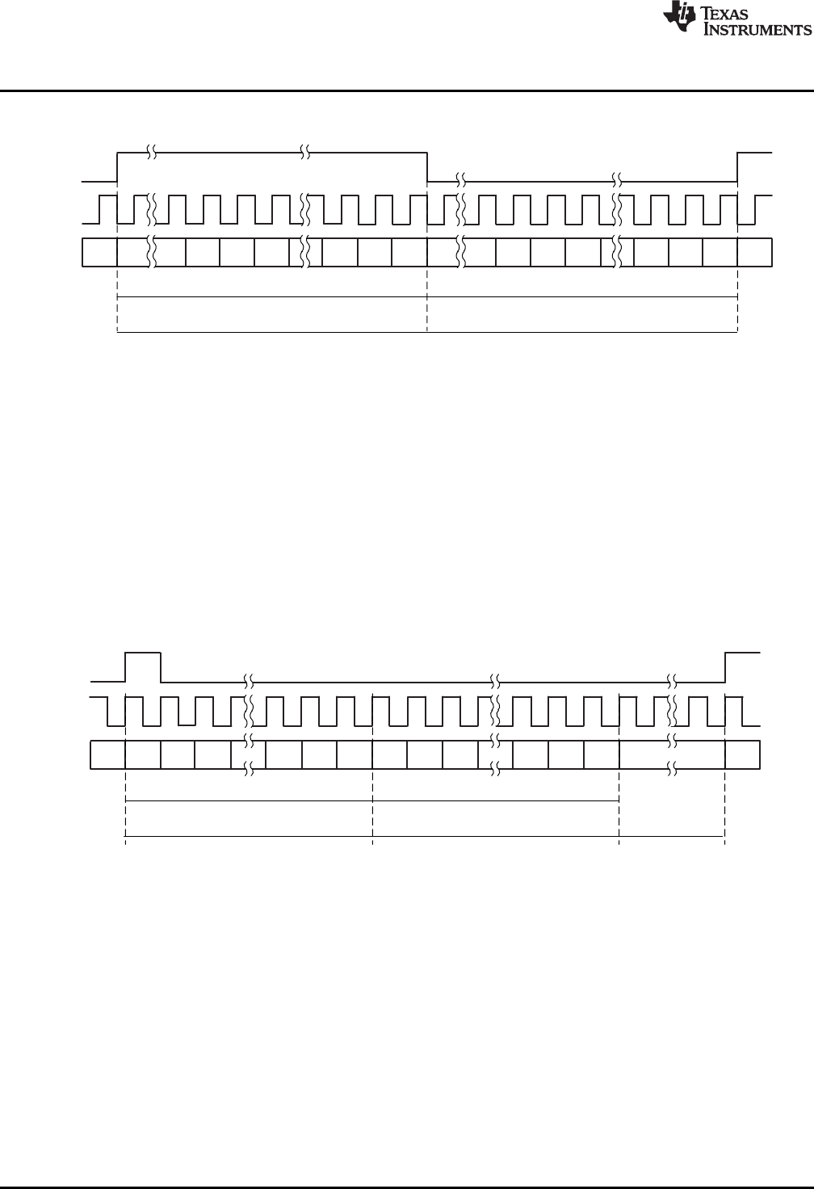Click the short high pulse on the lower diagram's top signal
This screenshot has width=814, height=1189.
(x=144, y=653)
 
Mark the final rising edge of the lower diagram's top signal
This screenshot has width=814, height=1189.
(x=726, y=667)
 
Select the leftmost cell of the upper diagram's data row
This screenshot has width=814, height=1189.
(x=101, y=252)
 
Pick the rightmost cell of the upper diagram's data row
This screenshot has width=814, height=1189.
(x=755, y=252)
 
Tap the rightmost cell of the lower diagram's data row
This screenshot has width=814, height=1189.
(x=742, y=754)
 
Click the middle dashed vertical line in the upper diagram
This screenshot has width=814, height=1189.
(x=427, y=299)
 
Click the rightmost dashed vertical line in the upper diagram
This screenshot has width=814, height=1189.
(x=738, y=299)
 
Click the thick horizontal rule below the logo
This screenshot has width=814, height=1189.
(x=407, y=90)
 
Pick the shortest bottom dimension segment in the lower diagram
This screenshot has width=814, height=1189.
(x=671, y=835)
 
